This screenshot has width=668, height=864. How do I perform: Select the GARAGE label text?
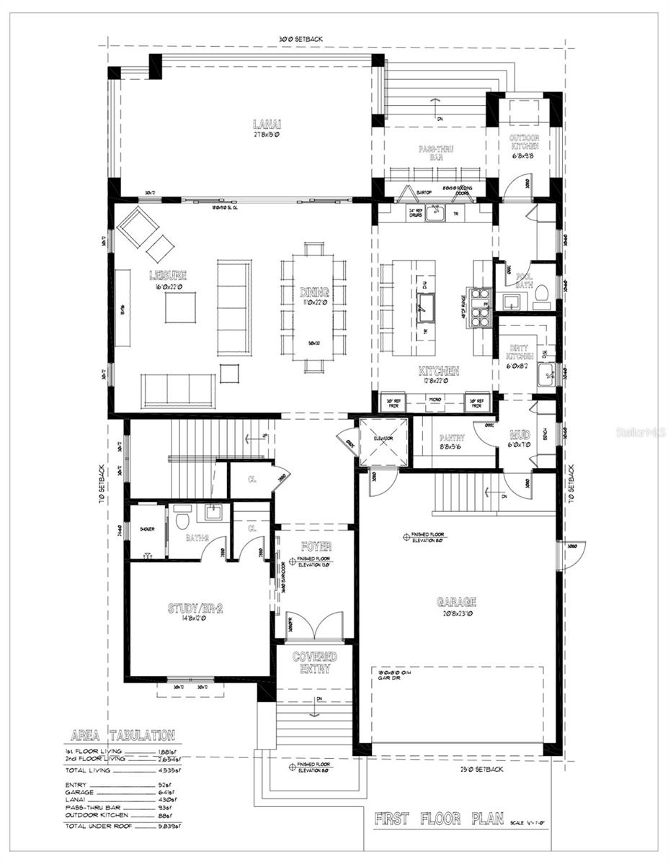[456, 602]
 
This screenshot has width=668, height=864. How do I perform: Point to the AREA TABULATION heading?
[122, 736]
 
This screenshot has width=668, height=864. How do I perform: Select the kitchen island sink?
[424, 308]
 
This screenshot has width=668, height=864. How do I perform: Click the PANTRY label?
[451, 437]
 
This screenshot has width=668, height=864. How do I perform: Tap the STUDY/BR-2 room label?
[195, 608]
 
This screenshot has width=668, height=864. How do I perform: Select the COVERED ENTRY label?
[314, 662]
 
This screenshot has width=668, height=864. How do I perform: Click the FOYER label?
[315, 547]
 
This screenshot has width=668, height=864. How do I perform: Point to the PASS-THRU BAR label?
[435, 153]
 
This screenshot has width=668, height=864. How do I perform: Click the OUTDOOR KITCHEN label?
[524, 142]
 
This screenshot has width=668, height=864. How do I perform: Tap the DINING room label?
[314, 292]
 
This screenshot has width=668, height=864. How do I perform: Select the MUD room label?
[520, 435]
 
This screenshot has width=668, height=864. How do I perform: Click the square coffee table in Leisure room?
[179, 307]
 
